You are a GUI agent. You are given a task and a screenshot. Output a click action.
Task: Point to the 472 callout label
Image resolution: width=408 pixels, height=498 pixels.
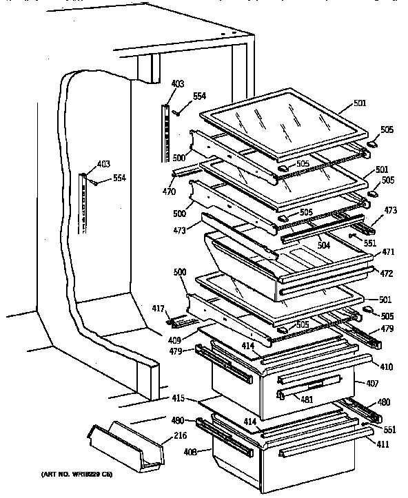point(385,273)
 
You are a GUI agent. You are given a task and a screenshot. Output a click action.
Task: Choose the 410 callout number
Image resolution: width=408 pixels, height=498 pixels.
point(386,367)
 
